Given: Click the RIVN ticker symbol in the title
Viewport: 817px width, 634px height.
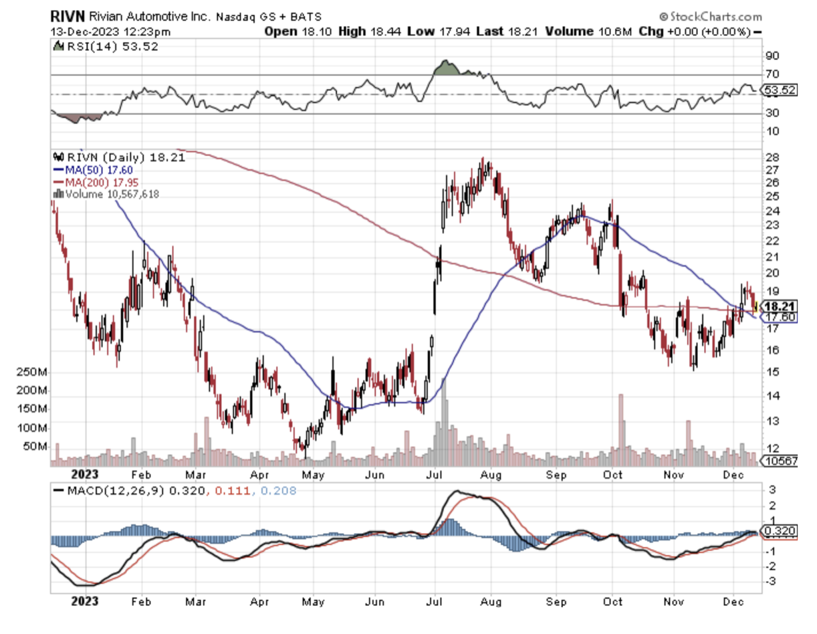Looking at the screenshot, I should coord(66,16).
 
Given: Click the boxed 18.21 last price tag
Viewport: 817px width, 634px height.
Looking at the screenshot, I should coord(781,306).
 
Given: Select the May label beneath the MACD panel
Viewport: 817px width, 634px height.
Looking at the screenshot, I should coord(312,601).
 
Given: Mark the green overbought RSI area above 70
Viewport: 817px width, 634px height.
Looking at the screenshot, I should coord(445,68).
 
